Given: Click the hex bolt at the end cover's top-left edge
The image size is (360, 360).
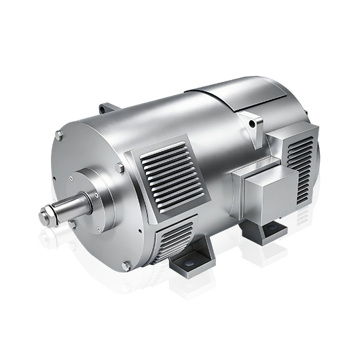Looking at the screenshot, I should (59, 137).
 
